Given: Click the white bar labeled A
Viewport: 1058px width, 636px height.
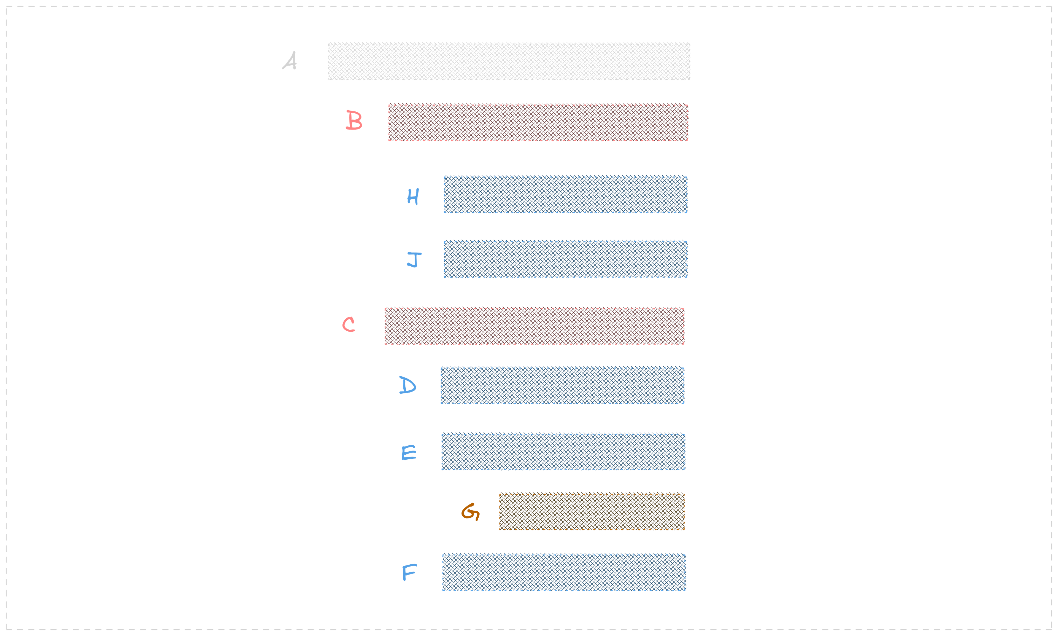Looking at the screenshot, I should point(509,61).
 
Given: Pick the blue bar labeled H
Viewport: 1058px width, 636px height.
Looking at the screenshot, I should point(565,195).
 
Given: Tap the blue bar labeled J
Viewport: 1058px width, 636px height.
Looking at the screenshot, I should point(565,259).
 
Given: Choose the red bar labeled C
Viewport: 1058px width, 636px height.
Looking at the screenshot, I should point(534,326).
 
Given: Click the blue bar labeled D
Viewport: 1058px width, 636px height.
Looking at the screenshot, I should point(562,385).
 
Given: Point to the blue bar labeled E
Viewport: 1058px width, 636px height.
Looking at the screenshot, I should point(563,452).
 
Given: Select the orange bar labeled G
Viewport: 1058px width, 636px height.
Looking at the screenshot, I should point(592,512).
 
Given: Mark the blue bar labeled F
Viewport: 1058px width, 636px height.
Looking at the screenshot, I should point(564,573).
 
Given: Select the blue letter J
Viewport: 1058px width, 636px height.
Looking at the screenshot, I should point(414,260).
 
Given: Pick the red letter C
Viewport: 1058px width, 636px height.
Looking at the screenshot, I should point(349,324).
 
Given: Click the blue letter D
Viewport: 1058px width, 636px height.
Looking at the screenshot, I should point(407,385).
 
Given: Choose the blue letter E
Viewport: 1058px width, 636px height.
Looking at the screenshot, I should point(409,452).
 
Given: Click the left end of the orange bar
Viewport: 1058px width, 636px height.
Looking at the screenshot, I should point(501,512).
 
